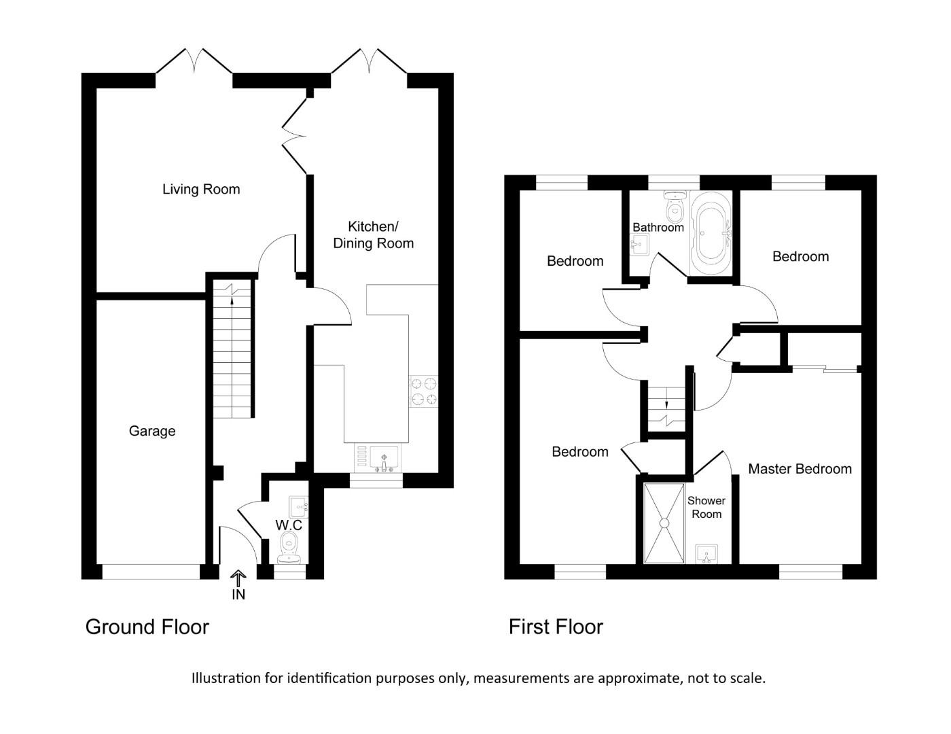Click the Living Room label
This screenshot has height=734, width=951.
pyautogui.click(x=201, y=190)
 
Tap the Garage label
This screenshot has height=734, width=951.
pyautogui.click(x=152, y=431)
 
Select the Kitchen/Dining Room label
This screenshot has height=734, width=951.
pyautogui.click(x=373, y=235)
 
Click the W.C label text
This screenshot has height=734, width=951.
pyautogui.click(x=289, y=525)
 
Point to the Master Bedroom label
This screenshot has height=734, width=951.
pyautogui.click(x=800, y=469)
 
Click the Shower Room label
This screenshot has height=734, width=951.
pyautogui.click(x=706, y=508)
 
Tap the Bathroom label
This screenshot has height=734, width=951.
pyautogui.click(x=658, y=227)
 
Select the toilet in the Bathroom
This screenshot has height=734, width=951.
pyautogui.click(x=675, y=209)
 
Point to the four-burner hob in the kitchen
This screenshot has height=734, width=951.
pyautogui.click(x=423, y=391)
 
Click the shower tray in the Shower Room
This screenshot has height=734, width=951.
pyautogui.click(x=663, y=523)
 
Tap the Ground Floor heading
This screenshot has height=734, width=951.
pyautogui.click(x=147, y=627)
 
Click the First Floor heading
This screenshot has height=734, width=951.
pyautogui.click(x=556, y=627)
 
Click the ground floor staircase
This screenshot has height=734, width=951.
pyautogui.click(x=232, y=350)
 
